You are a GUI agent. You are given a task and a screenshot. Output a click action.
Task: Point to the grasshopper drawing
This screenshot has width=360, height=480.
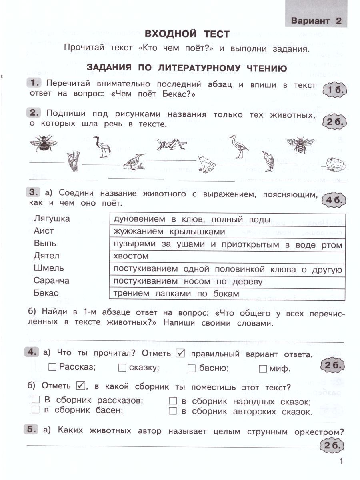click(171, 143)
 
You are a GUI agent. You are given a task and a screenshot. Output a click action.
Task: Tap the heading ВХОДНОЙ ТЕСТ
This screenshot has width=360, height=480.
click(187, 34)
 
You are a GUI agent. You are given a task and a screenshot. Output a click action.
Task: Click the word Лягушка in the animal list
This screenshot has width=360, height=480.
click(52, 219)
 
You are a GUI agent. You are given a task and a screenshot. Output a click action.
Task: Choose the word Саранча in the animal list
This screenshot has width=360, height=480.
click(52, 280)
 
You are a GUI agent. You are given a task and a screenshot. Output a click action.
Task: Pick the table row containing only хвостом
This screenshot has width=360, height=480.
click(227, 256)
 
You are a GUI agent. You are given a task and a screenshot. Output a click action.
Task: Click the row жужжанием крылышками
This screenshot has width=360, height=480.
click(227, 232)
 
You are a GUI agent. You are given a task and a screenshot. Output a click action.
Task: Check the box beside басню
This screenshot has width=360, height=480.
click(191, 368)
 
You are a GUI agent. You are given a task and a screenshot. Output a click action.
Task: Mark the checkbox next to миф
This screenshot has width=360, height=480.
click(263, 368)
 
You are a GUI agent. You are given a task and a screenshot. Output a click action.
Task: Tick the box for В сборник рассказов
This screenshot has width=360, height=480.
click(36, 400)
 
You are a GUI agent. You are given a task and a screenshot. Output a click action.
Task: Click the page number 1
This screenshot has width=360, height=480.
click(341, 462)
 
